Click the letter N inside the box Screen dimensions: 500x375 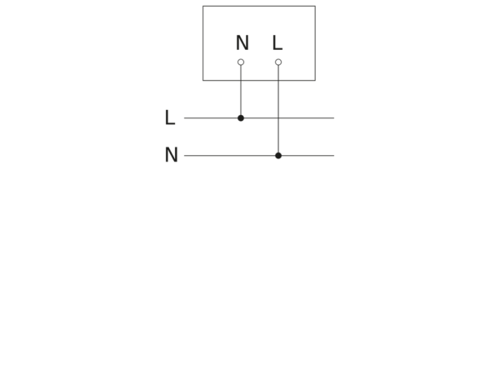click(x=242, y=42)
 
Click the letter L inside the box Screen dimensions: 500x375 click(x=277, y=42)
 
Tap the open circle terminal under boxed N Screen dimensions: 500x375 click(x=241, y=62)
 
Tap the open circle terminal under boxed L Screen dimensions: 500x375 click(x=278, y=62)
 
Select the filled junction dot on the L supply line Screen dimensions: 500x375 click(x=241, y=118)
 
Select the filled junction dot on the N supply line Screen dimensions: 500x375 click(x=278, y=156)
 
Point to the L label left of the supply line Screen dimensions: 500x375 click(x=170, y=117)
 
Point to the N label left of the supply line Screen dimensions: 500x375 click(x=171, y=155)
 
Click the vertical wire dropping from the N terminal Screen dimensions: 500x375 click(x=241, y=90)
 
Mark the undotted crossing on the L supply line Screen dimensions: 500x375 click(x=278, y=118)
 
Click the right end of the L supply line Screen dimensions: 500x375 click(x=334, y=118)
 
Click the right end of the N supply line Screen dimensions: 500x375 click(x=334, y=156)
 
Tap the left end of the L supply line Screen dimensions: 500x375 click(x=184, y=118)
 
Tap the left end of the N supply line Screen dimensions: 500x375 click(x=184, y=156)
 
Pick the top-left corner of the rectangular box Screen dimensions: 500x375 click(x=202, y=6)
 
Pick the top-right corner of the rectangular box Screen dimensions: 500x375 click(x=315, y=6)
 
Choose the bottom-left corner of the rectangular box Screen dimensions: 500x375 click(x=202, y=80)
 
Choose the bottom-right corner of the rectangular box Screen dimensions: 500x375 click(x=315, y=80)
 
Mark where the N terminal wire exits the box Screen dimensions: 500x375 click(x=241, y=80)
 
